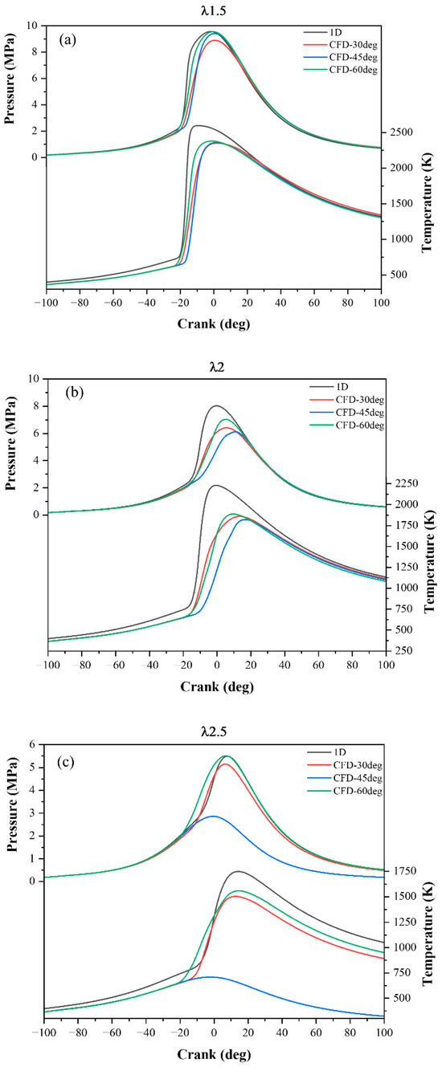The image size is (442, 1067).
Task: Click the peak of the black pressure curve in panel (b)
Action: pyautogui.click(x=217, y=405)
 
